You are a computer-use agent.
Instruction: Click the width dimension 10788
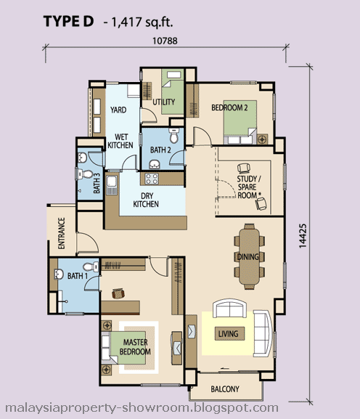[x=165, y=41]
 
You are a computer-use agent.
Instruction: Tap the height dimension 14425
[x=303, y=236]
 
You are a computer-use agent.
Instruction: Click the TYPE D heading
[x=69, y=21]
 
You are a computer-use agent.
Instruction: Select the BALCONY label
[x=225, y=389]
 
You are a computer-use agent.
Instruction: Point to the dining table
[x=249, y=256]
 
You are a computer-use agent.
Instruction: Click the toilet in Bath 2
[x=174, y=136]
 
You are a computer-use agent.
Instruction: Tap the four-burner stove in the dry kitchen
[x=152, y=179]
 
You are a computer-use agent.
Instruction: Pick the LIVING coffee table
[x=229, y=333]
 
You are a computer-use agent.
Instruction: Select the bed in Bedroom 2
[x=240, y=123]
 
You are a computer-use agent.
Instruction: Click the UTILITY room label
[x=164, y=102]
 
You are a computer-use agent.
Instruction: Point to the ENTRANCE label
[x=62, y=233]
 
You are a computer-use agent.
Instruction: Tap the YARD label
[x=118, y=110]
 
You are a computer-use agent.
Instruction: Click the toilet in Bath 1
[x=91, y=267]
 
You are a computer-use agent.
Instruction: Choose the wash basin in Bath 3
[x=82, y=158]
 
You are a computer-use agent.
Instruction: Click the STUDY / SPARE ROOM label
[x=247, y=187]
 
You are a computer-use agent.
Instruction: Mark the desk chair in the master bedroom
[x=118, y=293]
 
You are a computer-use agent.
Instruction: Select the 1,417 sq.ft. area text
[x=139, y=22]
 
